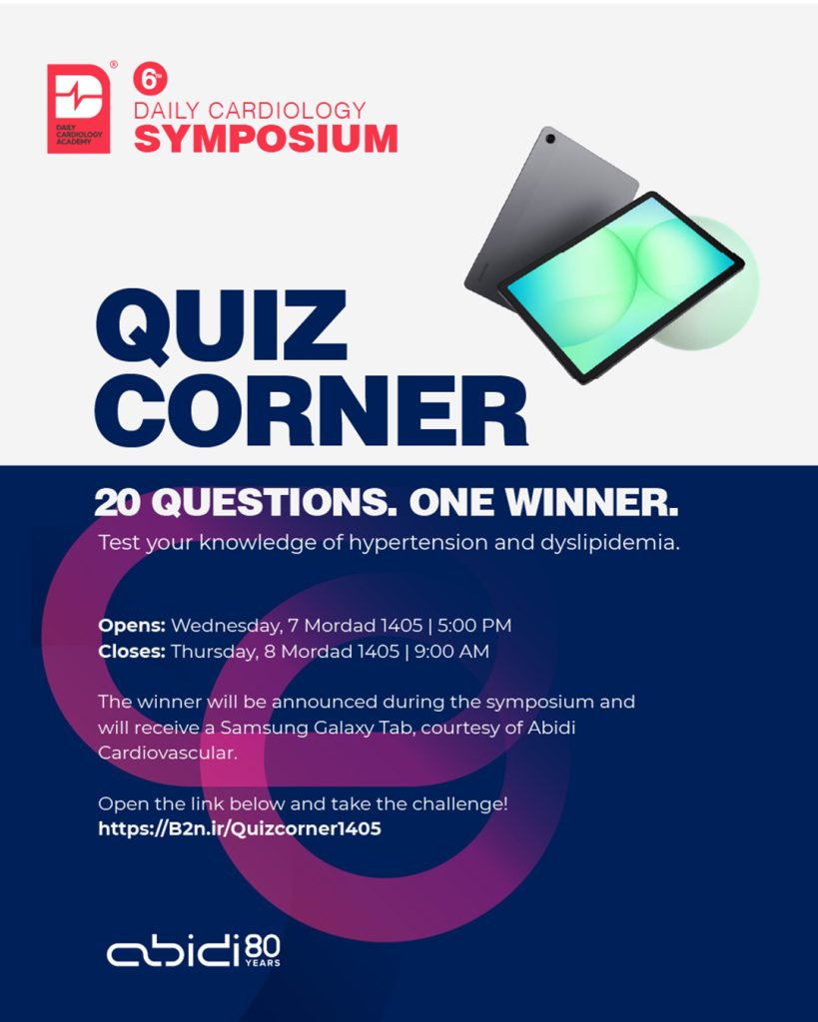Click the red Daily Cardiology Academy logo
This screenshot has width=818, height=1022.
79,108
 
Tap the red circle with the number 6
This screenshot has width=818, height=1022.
150,80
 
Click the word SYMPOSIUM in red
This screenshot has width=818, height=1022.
266,139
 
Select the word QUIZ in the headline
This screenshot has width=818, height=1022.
221,326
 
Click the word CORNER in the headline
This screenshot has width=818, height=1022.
312,410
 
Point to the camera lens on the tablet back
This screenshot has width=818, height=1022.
550,139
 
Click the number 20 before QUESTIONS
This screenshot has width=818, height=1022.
118,503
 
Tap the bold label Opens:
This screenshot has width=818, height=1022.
132,626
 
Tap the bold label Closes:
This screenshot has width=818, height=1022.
132,651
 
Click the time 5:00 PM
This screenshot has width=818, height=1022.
474,625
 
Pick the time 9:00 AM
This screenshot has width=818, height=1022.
451,651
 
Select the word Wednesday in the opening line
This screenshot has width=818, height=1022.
227,627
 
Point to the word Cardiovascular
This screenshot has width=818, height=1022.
168,753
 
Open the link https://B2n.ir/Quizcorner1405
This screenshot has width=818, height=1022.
240,828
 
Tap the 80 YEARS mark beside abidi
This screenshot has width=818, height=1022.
263,951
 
